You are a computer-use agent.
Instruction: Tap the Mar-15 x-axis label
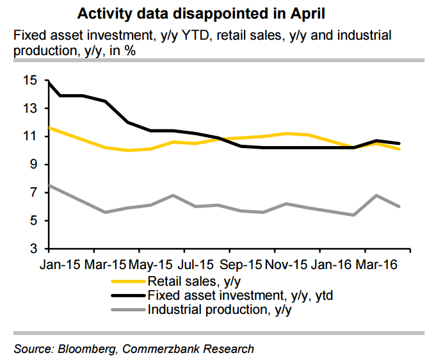(x=105, y=264)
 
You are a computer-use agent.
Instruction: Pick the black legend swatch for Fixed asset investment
(x=128, y=296)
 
